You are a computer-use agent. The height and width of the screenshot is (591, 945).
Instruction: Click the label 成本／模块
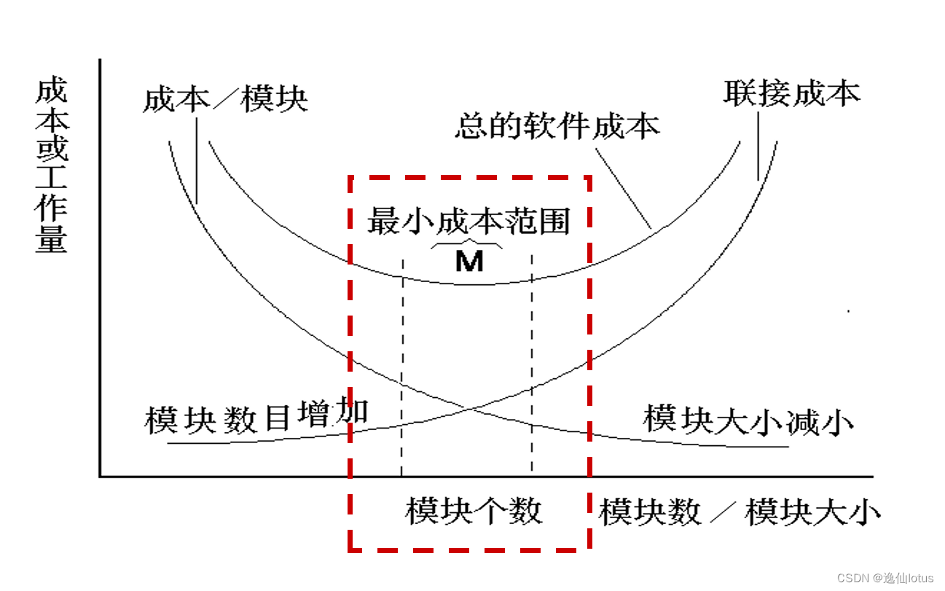click(225, 98)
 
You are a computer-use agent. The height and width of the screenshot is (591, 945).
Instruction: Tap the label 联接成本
click(791, 93)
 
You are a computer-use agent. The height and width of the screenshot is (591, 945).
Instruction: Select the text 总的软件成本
click(557, 126)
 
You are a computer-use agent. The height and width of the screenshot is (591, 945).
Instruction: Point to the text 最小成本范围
click(468, 220)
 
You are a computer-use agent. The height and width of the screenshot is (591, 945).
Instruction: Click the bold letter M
click(469, 261)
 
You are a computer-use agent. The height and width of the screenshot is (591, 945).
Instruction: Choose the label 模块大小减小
click(748, 420)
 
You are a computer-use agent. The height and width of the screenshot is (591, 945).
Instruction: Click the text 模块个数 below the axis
click(474, 511)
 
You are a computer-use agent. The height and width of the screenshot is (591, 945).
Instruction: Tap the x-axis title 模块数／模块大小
click(740, 512)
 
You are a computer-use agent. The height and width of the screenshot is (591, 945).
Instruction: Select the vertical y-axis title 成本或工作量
click(51, 166)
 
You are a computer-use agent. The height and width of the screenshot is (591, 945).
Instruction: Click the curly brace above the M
click(466, 243)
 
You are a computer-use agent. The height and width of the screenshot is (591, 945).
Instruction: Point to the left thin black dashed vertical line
click(401, 364)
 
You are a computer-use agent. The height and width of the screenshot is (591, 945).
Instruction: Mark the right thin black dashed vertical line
click(532, 364)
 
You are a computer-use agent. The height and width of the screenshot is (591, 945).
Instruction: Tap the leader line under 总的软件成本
click(623, 188)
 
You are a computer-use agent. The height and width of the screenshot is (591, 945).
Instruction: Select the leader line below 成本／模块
click(197, 160)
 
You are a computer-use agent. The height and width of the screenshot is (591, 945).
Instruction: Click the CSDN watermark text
click(885, 578)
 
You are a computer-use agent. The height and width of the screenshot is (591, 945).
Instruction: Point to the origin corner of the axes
click(101, 477)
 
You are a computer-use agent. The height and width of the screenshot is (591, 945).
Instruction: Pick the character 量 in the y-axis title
click(51, 239)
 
